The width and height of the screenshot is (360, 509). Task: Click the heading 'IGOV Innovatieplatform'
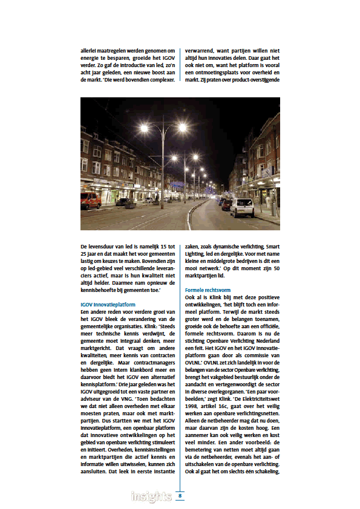click(x=108, y=305)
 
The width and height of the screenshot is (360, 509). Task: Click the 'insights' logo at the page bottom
click(x=151, y=497)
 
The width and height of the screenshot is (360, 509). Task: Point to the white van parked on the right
click(x=242, y=207)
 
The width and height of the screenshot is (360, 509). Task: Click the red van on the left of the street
click(x=91, y=201)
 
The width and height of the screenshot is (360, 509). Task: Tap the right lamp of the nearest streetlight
click(x=182, y=127)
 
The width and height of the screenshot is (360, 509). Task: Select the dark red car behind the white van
click(x=227, y=204)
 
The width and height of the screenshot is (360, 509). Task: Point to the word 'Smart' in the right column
click(x=270, y=247)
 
